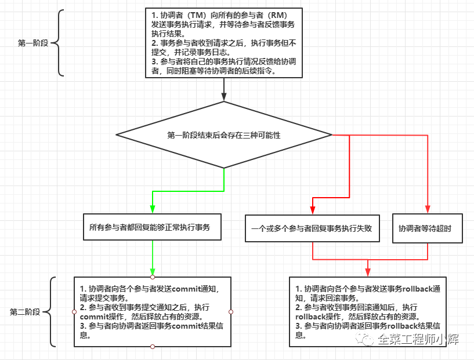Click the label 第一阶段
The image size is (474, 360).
(x=33, y=43)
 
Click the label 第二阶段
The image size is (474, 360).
(x=25, y=312)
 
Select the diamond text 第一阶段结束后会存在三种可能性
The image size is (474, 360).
(x=224, y=135)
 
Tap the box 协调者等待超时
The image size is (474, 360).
(x=428, y=228)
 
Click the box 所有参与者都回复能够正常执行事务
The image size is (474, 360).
(x=153, y=227)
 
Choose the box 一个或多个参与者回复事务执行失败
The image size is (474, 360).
(x=312, y=228)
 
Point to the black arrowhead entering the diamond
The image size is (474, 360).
(x=224, y=96)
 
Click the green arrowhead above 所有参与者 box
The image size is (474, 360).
(x=153, y=209)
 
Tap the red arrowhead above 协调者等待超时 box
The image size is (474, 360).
(x=428, y=209)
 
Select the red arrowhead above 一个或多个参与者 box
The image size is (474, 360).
(x=313, y=210)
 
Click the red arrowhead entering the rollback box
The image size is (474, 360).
(x=368, y=272)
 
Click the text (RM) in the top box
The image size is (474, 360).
(x=277, y=15)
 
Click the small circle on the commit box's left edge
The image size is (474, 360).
(x=74, y=312)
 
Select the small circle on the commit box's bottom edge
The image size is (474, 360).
(x=153, y=347)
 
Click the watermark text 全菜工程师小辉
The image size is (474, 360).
(x=418, y=339)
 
